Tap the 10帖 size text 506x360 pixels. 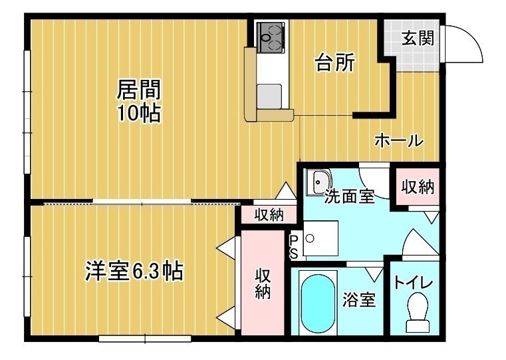click(x=139, y=113)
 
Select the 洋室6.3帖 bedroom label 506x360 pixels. click(x=134, y=271)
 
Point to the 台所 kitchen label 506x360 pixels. click(x=335, y=63)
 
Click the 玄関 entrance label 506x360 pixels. click(x=418, y=38)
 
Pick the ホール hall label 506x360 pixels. click(x=399, y=141)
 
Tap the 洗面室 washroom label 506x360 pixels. click(x=349, y=196)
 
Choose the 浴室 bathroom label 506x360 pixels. click(x=359, y=299)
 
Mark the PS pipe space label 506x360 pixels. click(x=293, y=248)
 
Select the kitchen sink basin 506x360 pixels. click(x=270, y=96)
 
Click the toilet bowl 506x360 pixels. click(x=418, y=312)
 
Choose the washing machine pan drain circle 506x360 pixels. click(x=310, y=239)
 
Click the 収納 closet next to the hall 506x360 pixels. click(x=418, y=186)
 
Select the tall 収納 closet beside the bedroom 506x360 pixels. click(x=263, y=283)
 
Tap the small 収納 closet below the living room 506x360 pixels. click(x=269, y=214)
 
